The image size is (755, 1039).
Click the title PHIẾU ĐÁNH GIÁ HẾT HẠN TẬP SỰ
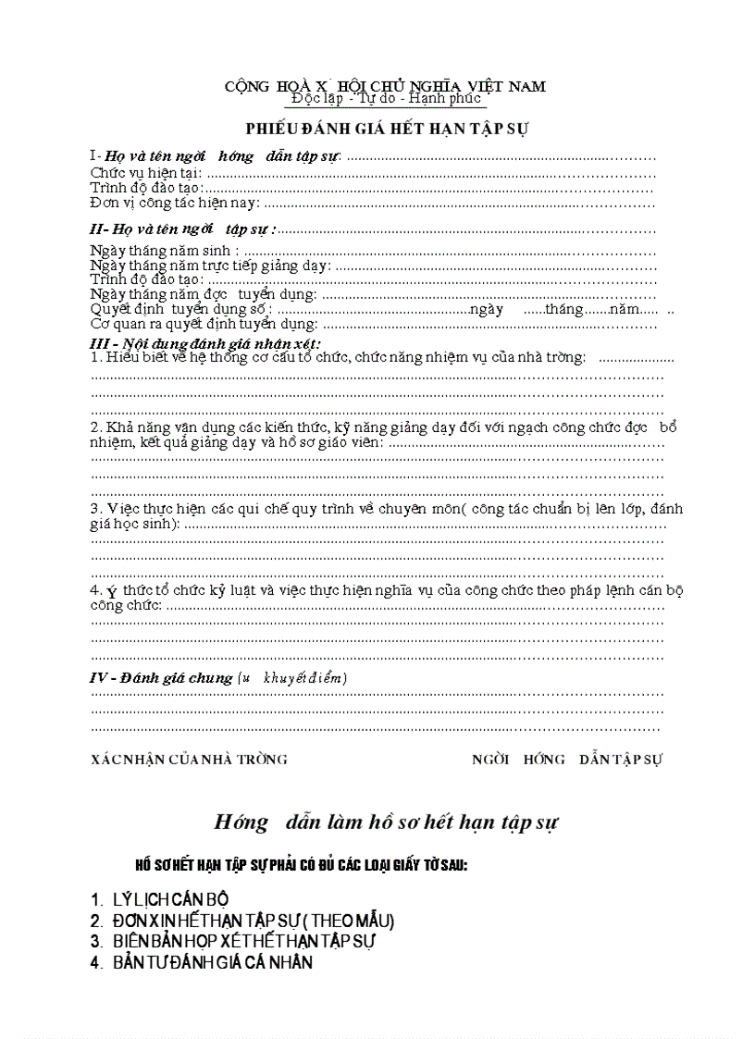386,128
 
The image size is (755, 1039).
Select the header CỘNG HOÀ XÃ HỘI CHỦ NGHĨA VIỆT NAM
385,86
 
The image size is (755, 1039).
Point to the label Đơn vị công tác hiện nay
175,203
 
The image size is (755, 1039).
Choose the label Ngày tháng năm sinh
165,251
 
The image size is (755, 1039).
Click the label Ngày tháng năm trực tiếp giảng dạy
210,266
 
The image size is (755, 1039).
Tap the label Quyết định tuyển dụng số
180,309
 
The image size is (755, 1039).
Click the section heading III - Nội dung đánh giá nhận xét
204,343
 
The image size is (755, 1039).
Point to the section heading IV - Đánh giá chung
161,678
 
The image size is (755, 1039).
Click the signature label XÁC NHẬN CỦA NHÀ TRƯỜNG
189,760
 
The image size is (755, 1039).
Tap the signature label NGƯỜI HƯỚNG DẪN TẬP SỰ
567,760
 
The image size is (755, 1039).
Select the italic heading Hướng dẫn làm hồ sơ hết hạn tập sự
386,822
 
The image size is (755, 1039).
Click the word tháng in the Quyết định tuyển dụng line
563,309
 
